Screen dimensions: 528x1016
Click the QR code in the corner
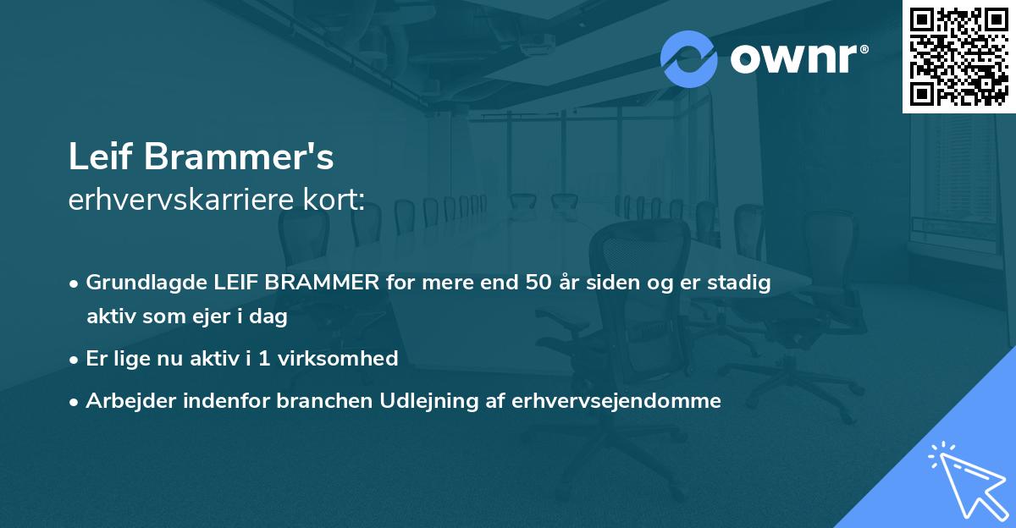[x=958, y=57]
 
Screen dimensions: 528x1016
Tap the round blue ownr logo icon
[x=689, y=59]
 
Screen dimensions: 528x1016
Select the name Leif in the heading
[x=101, y=157]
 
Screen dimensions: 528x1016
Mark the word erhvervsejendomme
[x=616, y=400]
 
